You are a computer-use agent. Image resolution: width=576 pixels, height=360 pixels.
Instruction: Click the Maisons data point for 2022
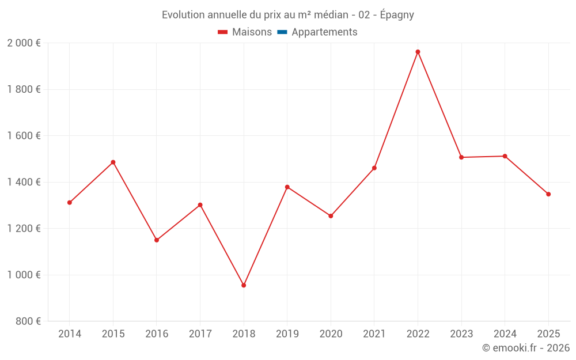(418, 52)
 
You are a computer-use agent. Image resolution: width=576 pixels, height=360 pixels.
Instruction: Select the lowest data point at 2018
(244, 285)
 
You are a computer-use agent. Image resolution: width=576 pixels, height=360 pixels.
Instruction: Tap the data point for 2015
(113, 162)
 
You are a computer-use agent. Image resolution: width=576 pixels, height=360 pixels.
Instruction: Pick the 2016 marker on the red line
(157, 240)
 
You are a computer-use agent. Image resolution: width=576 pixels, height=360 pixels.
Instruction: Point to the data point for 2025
(548, 194)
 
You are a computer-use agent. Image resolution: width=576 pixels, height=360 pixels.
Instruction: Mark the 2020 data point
(331, 216)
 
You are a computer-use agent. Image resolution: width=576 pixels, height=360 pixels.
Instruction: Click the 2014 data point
(70, 203)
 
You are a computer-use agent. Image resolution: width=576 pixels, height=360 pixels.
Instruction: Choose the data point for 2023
(461, 157)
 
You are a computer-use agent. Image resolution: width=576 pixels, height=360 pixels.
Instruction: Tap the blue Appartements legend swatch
(282, 32)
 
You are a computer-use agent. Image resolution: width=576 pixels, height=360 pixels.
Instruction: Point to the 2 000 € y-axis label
(24, 43)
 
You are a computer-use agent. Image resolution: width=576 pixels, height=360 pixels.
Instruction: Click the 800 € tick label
(28, 321)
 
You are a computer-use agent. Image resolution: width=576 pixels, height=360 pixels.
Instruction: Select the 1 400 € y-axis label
(24, 182)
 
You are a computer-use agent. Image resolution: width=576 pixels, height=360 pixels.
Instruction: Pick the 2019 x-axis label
(287, 334)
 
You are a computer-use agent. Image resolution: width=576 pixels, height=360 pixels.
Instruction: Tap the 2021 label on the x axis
(374, 334)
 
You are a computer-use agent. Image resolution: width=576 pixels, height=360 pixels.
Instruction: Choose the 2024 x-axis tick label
(505, 334)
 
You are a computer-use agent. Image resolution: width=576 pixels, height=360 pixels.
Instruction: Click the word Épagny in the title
(397, 15)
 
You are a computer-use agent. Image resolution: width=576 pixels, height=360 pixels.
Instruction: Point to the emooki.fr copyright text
(526, 348)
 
